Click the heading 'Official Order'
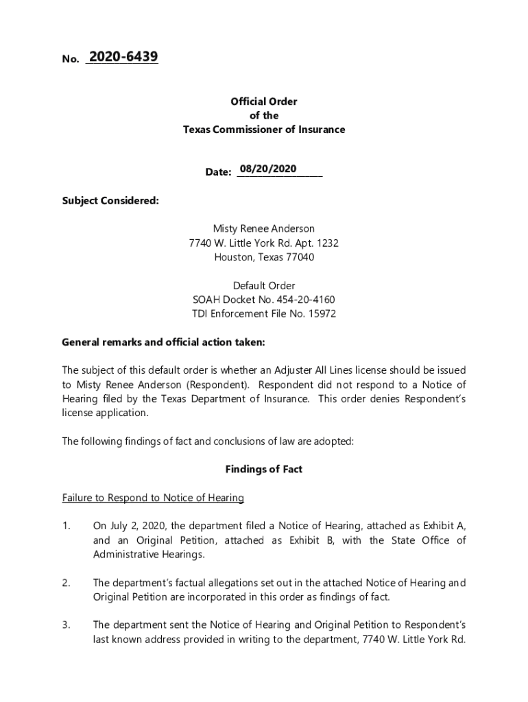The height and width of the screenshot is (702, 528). (x=264, y=101)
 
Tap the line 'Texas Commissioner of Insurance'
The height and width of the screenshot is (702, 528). (x=264, y=130)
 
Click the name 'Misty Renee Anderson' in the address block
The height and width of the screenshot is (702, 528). (x=264, y=229)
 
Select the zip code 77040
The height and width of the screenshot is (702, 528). (x=300, y=258)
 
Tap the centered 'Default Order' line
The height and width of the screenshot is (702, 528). (x=264, y=286)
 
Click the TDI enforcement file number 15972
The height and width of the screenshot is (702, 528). (x=322, y=314)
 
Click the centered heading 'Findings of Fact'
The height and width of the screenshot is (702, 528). (x=264, y=470)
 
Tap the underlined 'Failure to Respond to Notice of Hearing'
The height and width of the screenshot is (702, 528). (x=153, y=498)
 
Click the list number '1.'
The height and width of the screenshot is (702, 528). (x=67, y=526)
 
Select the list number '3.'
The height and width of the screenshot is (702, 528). (x=67, y=625)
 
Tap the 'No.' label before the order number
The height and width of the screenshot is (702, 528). (x=71, y=60)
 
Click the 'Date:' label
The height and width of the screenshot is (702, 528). (x=218, y=172)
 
